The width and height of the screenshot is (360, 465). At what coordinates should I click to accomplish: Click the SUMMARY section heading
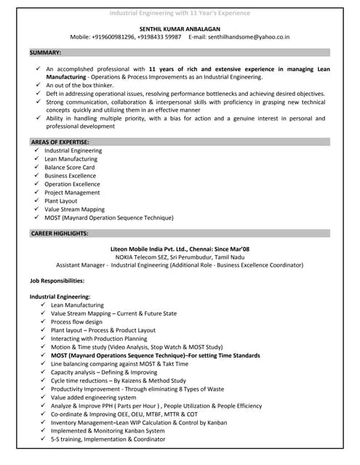45,53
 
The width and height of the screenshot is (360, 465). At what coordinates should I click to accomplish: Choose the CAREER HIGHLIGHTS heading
59,233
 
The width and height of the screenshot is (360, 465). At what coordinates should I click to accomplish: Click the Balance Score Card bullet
69,167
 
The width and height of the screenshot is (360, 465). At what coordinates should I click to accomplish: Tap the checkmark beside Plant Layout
36,201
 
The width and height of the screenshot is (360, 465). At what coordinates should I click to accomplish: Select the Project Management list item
72,193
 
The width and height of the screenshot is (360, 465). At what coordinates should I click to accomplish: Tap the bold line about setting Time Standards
155,355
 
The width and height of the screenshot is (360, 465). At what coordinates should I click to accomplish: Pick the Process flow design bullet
76,322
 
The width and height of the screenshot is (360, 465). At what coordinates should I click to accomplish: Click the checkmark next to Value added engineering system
43,397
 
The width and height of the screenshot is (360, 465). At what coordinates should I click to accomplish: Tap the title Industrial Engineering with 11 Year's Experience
180,13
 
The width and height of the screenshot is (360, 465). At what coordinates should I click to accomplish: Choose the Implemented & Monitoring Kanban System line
108,431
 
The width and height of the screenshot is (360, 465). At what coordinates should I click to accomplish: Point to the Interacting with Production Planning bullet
99,339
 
